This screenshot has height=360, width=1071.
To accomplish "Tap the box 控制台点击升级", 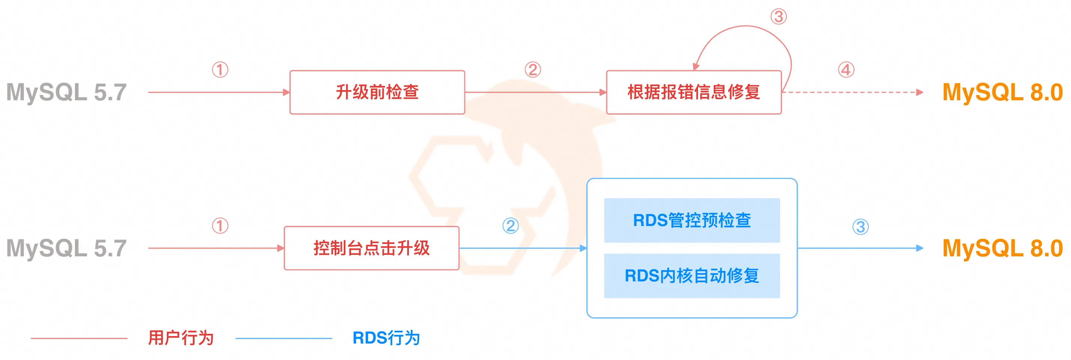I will coord(371,248).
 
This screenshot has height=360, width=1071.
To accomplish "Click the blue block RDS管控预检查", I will coord(691,220).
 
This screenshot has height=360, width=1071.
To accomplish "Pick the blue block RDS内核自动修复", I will coord(691,275).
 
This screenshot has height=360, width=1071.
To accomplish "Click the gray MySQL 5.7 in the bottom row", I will coord(67,248).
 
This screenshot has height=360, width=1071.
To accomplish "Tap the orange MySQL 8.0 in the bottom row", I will coord(1002,248).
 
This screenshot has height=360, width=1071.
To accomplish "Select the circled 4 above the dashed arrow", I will coord(846,70).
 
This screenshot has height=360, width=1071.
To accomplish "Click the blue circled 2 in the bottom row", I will coord(510,226).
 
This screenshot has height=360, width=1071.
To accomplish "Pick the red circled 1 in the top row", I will coord(220,70).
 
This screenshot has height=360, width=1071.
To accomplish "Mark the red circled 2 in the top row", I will coord(532,70).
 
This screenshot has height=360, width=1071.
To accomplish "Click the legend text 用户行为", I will coord(181,338).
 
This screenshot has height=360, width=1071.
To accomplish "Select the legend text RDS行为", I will coord(386,338).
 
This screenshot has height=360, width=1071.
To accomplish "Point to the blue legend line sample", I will coord(283,338).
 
